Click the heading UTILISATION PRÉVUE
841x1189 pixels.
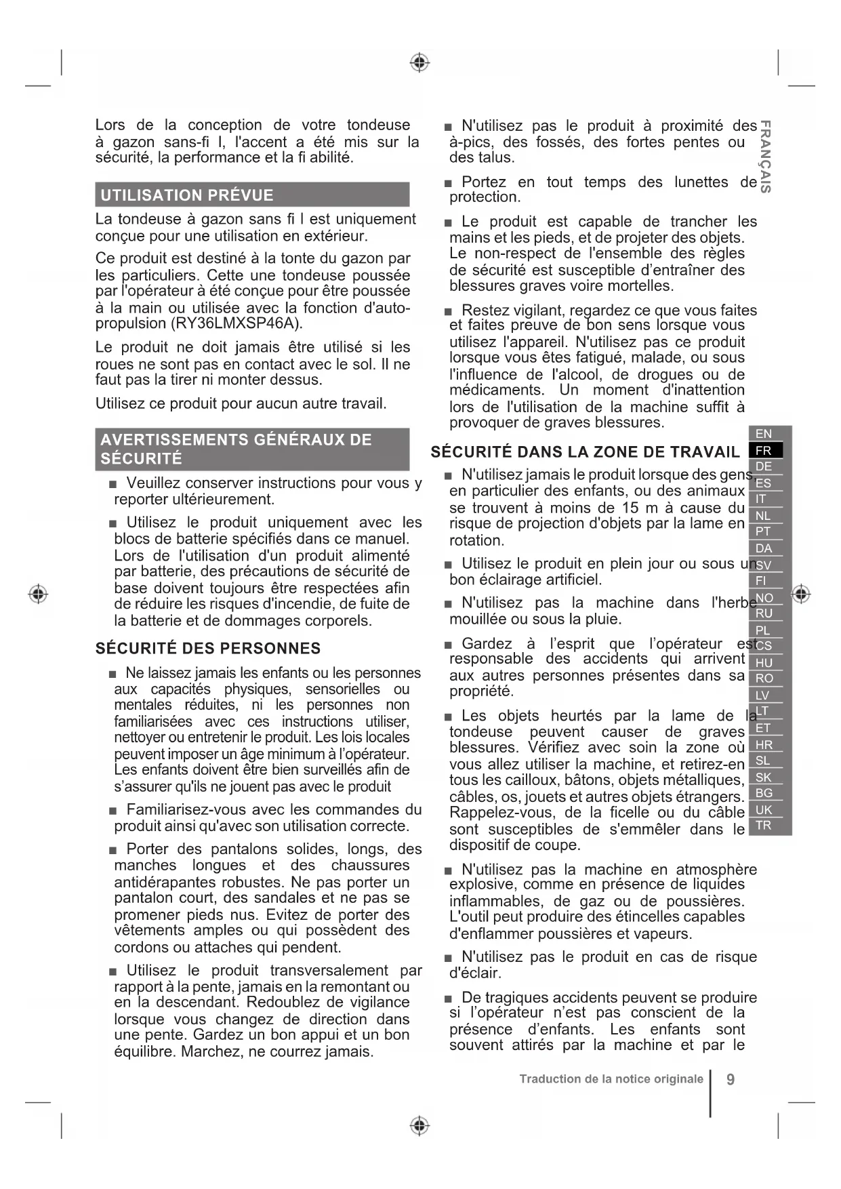187,195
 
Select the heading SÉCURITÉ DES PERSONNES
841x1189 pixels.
208,649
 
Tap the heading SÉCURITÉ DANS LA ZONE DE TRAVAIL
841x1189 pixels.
585,452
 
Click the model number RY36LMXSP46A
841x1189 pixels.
234,323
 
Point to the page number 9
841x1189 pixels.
730,1080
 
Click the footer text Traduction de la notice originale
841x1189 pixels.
611,1079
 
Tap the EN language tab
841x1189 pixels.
764,434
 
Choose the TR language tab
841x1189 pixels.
764,826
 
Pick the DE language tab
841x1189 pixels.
764,466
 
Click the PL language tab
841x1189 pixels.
764,630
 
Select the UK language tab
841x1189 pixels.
764,810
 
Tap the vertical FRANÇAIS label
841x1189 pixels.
765,157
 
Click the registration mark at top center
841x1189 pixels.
420,63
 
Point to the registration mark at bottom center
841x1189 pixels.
420,1126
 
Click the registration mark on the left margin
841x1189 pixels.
39,594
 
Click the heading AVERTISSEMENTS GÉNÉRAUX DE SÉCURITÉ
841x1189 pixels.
237,449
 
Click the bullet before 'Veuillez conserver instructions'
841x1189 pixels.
112,484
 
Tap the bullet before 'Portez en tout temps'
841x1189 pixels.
448,183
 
